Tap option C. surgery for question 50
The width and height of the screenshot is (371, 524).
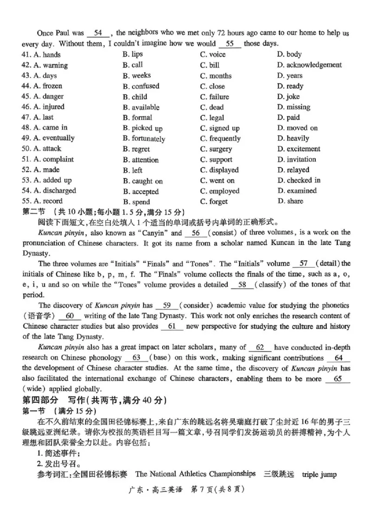coord(216,149)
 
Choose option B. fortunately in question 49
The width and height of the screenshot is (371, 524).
coord(144,139)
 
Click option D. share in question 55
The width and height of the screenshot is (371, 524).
coord(290,201)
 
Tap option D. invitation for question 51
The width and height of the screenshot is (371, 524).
coord(297,159)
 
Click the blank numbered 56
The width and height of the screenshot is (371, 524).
coord(195,233)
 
